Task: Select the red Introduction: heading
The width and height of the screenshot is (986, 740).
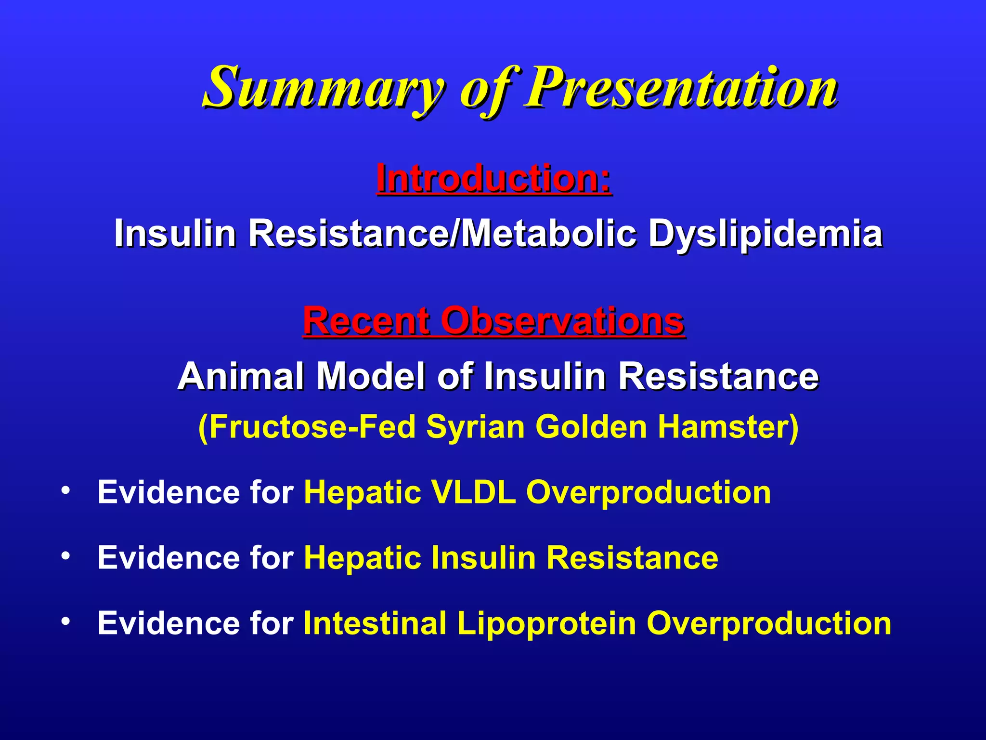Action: tap(493, 178)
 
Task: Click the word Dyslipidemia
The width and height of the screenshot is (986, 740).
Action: tap(765, 234)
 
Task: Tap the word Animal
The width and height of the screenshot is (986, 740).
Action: tap(241, 376)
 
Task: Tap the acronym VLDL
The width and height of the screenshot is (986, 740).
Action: tap(474, 492)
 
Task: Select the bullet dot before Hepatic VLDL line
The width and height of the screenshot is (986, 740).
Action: tap(65, 491)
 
